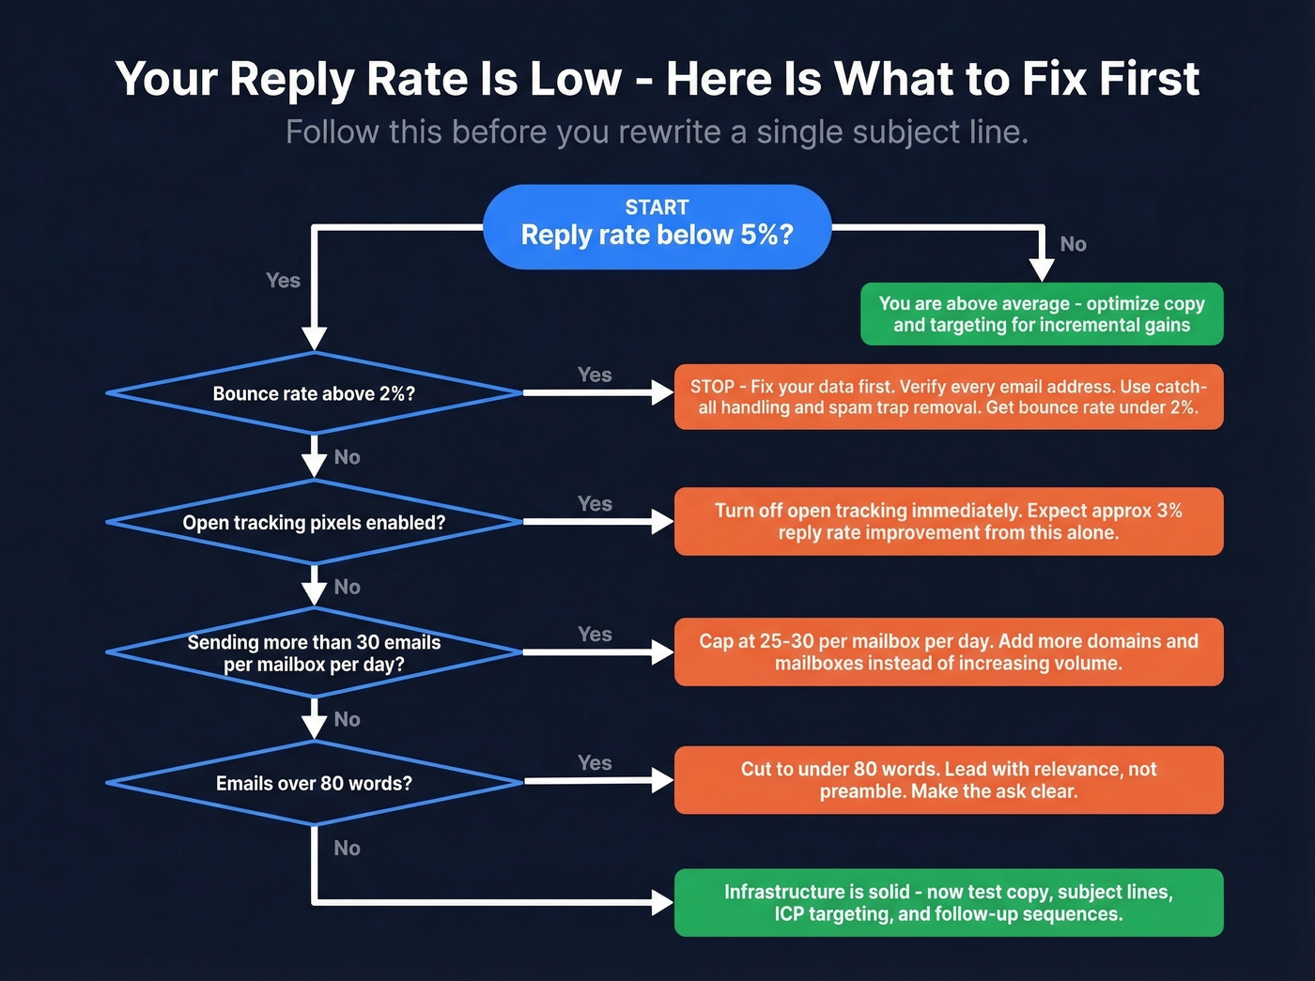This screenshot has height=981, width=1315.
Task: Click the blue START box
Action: (x=657, y=226)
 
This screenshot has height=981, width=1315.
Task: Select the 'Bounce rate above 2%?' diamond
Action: (x=314, y=393)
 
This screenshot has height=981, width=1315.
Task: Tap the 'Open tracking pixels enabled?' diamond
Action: (x=314, y=522)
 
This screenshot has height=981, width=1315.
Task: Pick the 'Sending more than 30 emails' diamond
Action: (x=314, y=652)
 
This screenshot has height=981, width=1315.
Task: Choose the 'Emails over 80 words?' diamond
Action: (x=314, y=783)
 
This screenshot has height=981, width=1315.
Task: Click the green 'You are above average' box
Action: (x=1042, y=314)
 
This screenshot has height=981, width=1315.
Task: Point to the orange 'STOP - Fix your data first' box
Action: (x=949, y=397)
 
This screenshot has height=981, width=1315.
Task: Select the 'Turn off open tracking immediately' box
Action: (x=949, y=521)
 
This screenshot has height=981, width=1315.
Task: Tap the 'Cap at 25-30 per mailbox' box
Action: (x=949, y=651)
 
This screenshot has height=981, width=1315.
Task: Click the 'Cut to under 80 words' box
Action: (x=949, y=780)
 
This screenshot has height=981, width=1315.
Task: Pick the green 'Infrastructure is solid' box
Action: (x=949, y=902)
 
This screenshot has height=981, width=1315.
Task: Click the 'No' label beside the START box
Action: (x=1073, y=244)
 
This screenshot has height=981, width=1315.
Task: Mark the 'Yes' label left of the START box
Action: (x=283, y=281)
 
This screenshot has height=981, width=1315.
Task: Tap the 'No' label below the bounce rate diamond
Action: (x=347, y=457)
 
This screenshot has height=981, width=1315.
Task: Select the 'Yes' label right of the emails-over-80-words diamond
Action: (x=595, y=763)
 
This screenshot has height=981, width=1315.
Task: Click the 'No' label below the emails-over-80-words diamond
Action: (x=347, y=849)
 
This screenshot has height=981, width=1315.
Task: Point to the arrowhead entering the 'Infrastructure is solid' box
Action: (x=662, y=902)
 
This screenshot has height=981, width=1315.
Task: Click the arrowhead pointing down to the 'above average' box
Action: (x=1042, y=269)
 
